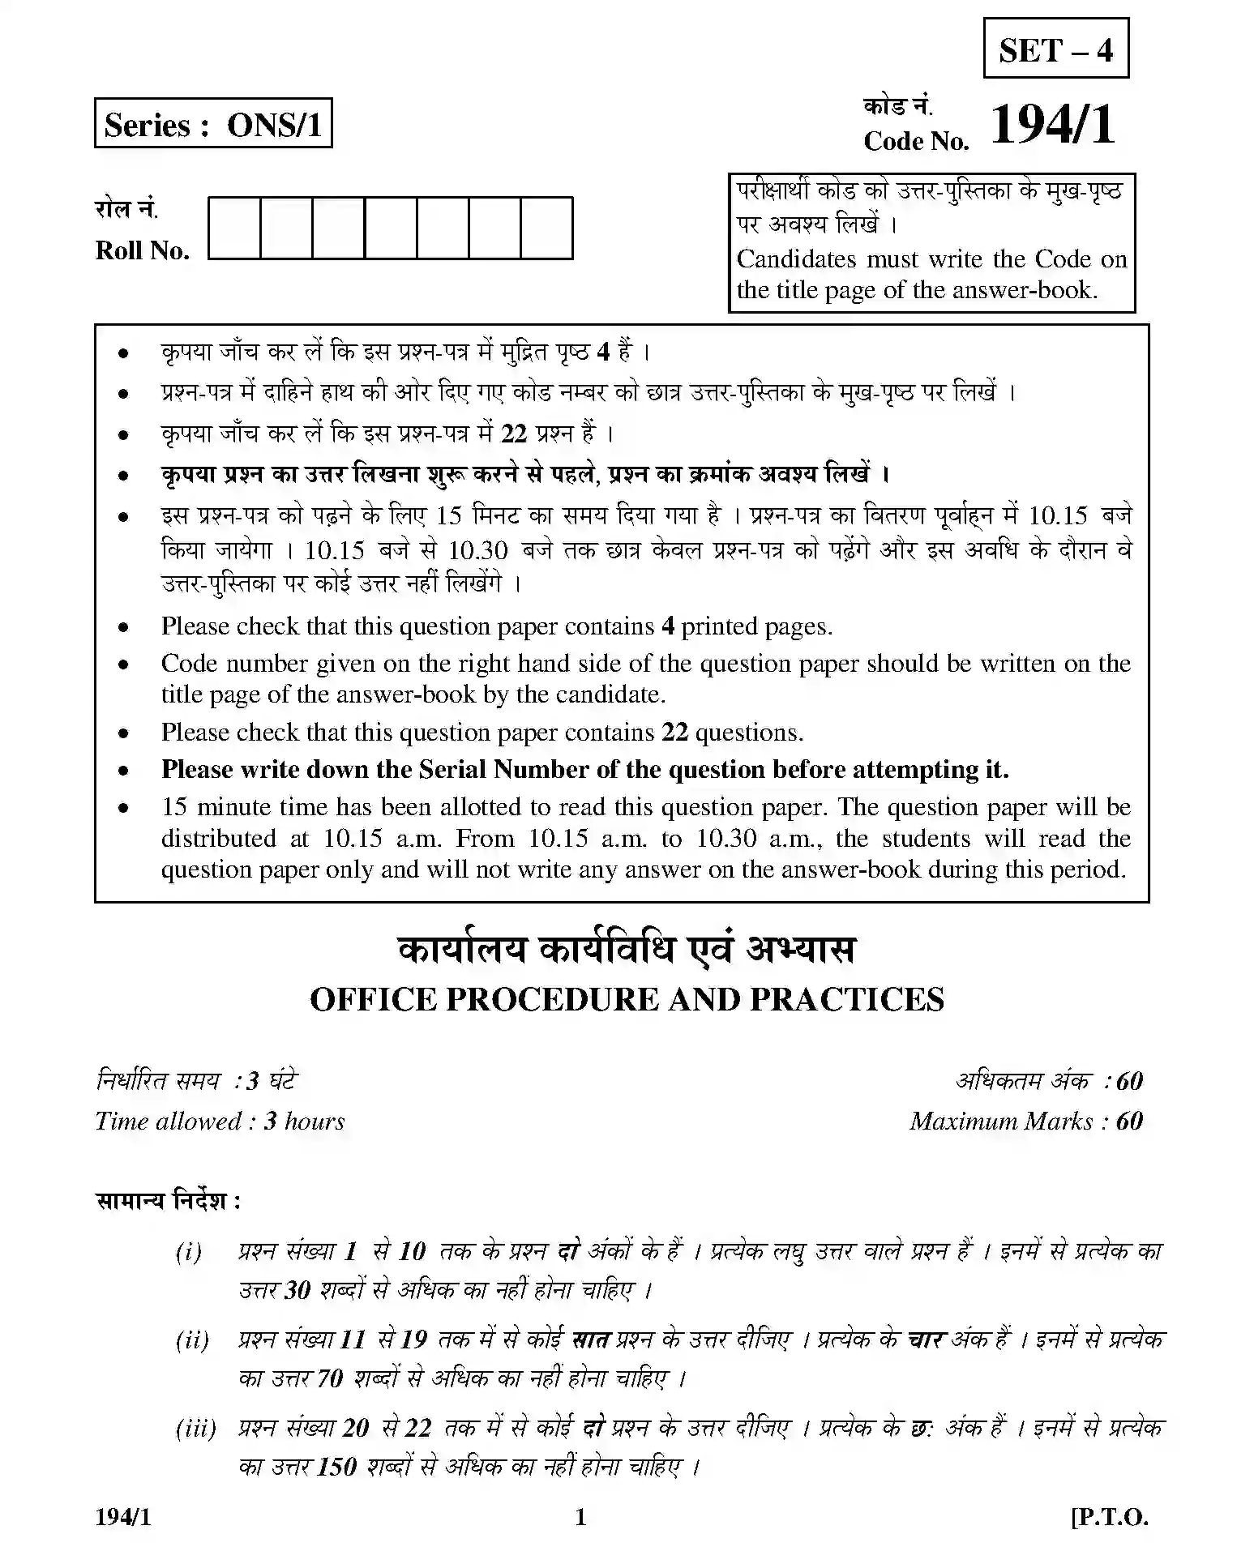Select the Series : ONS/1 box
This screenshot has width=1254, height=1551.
pyautogui.click(x=213, y=124)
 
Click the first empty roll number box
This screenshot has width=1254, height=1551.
pyautogui.click(x=234, y=228)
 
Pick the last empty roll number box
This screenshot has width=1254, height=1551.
pyautogui.click(x=546, y=228)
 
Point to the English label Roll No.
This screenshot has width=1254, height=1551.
pyautogui.click(x=143, y=250)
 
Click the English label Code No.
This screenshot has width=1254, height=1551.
pyautogui.click(x=916, y=142)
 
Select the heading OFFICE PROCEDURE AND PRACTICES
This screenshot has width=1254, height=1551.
pyautogui.click(x=627, y=999)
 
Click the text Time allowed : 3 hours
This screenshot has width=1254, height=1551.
pyautogui.click(x=220, y=1121)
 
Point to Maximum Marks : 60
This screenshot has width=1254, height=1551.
pyautogui.click(x=1025, y=1121)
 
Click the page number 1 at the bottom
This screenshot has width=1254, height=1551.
pyautogui.click(x=580, y=1517)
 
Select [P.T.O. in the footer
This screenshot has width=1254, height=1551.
pyautogui.click(x=1110, y=1517)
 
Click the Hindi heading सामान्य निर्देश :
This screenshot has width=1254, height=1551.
pyautogui.click(x=169, y=1200)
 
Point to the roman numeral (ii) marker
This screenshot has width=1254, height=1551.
pyautogui.click(x=192, y=1339)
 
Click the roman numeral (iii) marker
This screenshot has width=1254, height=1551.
pyautogui.click(x=195, y=1427)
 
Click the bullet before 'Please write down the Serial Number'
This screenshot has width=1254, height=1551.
pyautogui.click(x=123, y=771)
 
